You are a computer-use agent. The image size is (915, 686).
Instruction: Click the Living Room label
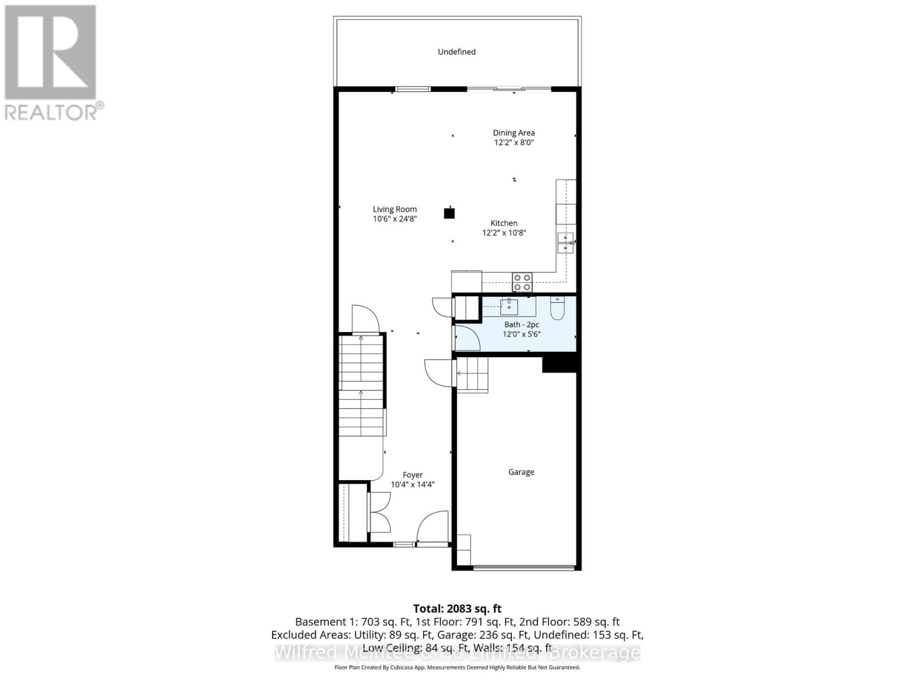(x=395, y=209)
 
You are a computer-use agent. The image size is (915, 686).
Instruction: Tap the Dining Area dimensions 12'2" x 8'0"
(x=514, y=142)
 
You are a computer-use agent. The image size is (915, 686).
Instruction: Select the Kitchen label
(x=504, y=223)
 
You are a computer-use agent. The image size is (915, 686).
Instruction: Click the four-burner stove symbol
(x=522, y=282)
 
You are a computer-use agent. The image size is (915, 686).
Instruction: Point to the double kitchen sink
(x=565, y=243)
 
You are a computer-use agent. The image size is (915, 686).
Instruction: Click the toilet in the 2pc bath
(x=557, y=308)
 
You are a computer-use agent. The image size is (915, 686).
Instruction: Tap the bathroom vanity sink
(x=509, y=307)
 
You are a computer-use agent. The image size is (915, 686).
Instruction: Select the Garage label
(x=521, y=472)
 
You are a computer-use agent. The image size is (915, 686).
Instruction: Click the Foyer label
(x=412, y=474)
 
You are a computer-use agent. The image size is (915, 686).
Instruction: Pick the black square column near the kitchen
(x=449, y=214)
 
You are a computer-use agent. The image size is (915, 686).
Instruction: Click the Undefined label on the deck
(x=456, y=51)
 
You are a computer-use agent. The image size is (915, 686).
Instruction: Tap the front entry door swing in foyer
(x=433, y=527)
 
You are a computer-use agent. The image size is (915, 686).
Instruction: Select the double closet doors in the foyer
(x=380, y=512)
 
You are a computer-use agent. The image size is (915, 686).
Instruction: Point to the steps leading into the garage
(x=472, y=374)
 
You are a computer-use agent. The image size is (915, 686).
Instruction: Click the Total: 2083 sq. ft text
(x=457, y=609)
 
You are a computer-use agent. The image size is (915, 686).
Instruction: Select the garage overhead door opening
(x=524, y=568)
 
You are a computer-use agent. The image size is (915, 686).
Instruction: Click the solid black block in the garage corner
(x=559, y=364)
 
